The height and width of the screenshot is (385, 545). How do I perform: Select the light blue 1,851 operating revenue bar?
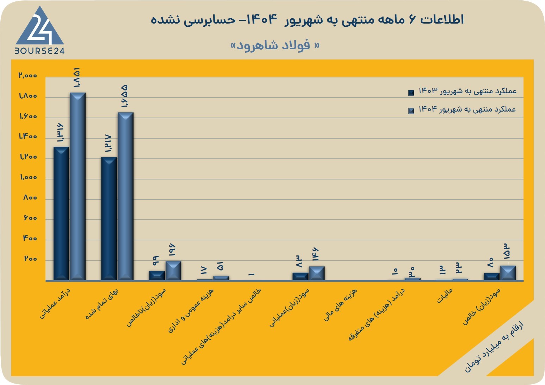[78, 187]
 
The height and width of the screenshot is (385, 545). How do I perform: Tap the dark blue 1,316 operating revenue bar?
[61, 213]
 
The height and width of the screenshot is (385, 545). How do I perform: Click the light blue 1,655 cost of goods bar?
[125, 196]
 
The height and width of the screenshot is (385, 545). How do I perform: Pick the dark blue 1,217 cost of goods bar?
[109, 219]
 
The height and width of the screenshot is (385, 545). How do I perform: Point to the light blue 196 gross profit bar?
[173, 271]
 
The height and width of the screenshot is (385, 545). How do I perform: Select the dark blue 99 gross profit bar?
[157, 276]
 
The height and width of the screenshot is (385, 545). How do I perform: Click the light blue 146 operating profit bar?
[317, 273]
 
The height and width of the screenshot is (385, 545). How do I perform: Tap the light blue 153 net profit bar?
[508, 273]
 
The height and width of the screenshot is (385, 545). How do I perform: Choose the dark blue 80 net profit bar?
[492, 277]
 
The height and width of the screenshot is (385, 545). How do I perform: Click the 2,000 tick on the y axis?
[28, 75]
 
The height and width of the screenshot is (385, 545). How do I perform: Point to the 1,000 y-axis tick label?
[29, 177]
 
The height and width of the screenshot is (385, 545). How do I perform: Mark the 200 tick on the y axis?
[30, 259]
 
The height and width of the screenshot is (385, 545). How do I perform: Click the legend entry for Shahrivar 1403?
[462, 91]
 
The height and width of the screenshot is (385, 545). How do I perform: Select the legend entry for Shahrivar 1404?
[462, 109]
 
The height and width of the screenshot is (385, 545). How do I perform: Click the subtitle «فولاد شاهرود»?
[275, 45]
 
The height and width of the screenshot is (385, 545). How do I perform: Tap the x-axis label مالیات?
[445, 296]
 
